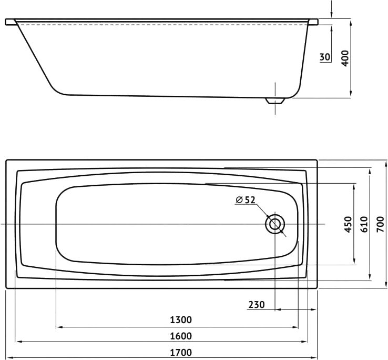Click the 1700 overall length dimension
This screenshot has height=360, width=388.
click(181, 352)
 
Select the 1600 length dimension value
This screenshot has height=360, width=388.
click(181, 336)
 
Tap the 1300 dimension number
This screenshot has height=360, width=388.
click(181, 320)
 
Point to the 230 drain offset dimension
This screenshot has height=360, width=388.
click(257, 305)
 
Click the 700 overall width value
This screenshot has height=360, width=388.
click(380, 224)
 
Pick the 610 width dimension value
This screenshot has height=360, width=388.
click(364, 224)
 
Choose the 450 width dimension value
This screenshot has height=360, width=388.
click(348, 224)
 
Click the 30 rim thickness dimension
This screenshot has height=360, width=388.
click(325, 57)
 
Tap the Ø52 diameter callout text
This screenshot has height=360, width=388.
click(245, 199)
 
